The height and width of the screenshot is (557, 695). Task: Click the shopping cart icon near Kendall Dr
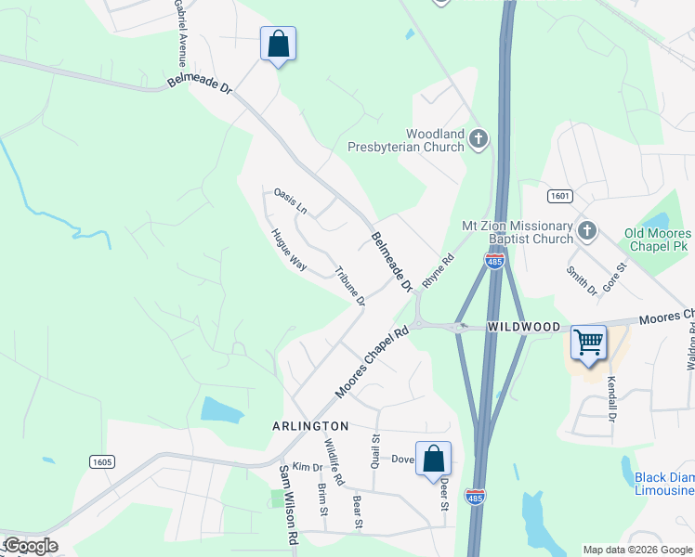click(588, 342)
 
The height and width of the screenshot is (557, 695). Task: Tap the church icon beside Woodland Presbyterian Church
click(478, 140)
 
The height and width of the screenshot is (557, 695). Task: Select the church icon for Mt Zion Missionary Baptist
click(585, 228)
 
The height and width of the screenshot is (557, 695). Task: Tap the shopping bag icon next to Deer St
click(433, 458)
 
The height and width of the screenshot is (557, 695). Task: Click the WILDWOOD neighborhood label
click(524, 327)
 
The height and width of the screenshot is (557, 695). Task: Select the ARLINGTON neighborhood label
click(309, 425)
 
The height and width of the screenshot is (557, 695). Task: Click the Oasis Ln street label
click(290, 201)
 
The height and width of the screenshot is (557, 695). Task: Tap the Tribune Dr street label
click(349, 287)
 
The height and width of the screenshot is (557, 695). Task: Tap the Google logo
click(30, 546)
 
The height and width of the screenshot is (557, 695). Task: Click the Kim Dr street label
click(306, 466)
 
